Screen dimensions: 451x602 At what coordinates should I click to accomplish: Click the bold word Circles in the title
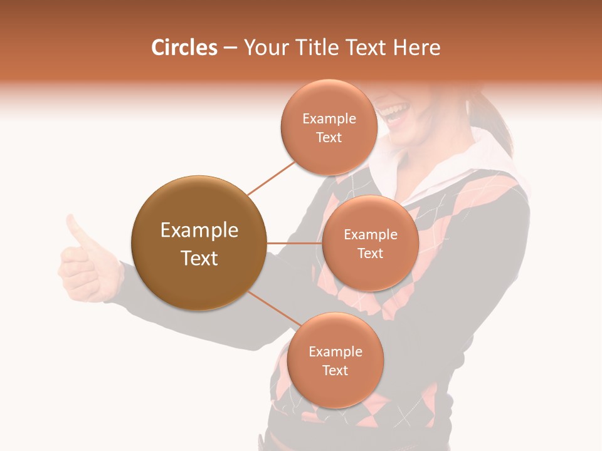(x=184, y=48)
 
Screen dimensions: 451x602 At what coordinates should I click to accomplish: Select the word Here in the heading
(x=416, y=48)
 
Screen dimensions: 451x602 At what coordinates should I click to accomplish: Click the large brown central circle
(x=199, y=243)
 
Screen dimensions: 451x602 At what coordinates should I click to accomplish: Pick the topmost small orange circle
(x=329, y=127)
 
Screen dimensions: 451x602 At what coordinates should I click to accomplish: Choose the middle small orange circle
(x=370, y=243)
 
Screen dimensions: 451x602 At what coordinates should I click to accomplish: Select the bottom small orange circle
(x=335, y=360)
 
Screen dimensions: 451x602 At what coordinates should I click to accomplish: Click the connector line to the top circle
(x=271, y=178)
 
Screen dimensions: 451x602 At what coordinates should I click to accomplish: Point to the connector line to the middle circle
(x=294, y=243)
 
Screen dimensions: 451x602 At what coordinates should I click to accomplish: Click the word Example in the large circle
(x=199, y=231)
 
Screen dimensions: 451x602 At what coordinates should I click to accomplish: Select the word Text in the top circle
(x=329, y=137)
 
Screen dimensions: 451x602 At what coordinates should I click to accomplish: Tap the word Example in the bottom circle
(x=335, y=351)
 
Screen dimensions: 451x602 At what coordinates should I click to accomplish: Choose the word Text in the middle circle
(x=370, y=253)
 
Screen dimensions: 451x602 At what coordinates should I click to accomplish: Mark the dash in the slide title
(x=230, y=48)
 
